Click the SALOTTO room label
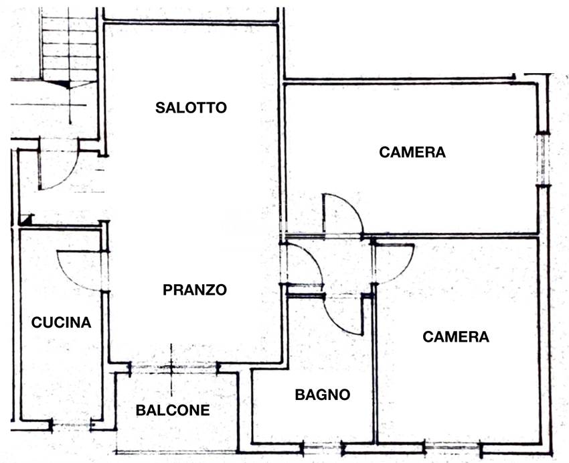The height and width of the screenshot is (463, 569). click(191, 107)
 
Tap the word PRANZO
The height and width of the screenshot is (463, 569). click(195, 290)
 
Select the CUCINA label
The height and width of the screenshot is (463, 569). click(62, 322)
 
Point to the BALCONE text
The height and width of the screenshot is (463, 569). click(173, 410)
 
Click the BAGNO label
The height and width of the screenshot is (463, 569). click(323, 395)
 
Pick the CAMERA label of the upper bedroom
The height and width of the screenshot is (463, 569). click(412, 152)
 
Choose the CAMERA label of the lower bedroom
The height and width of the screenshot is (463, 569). click(456, 336)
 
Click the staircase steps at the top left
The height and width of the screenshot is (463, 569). click(69, 44)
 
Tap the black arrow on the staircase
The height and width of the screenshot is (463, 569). click(64, 83)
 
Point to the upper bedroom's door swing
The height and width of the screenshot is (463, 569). click(341, 214)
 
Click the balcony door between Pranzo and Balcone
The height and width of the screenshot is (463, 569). click(173, 367)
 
